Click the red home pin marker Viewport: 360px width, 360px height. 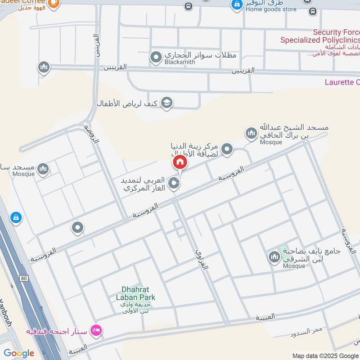tap(180, 162)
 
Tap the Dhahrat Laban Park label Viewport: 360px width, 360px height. tap(139, 293)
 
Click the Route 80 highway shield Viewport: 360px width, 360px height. tap(24, 279)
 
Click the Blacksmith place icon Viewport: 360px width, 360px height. tap(156, 57)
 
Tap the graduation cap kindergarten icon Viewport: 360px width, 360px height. tap(166, 103)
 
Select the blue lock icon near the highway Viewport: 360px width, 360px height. tap(16, 218)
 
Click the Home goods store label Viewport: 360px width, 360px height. tap(271, 9)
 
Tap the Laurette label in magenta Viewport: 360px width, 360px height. tap(342, 82)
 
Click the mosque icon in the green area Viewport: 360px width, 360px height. tap(274, 257)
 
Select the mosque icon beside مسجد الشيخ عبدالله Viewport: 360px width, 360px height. tap(251, 133)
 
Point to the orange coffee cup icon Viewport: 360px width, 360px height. tap(53, 3)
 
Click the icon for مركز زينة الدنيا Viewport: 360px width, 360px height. tap(227, 149)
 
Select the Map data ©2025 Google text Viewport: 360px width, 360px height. tap(325, 355)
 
